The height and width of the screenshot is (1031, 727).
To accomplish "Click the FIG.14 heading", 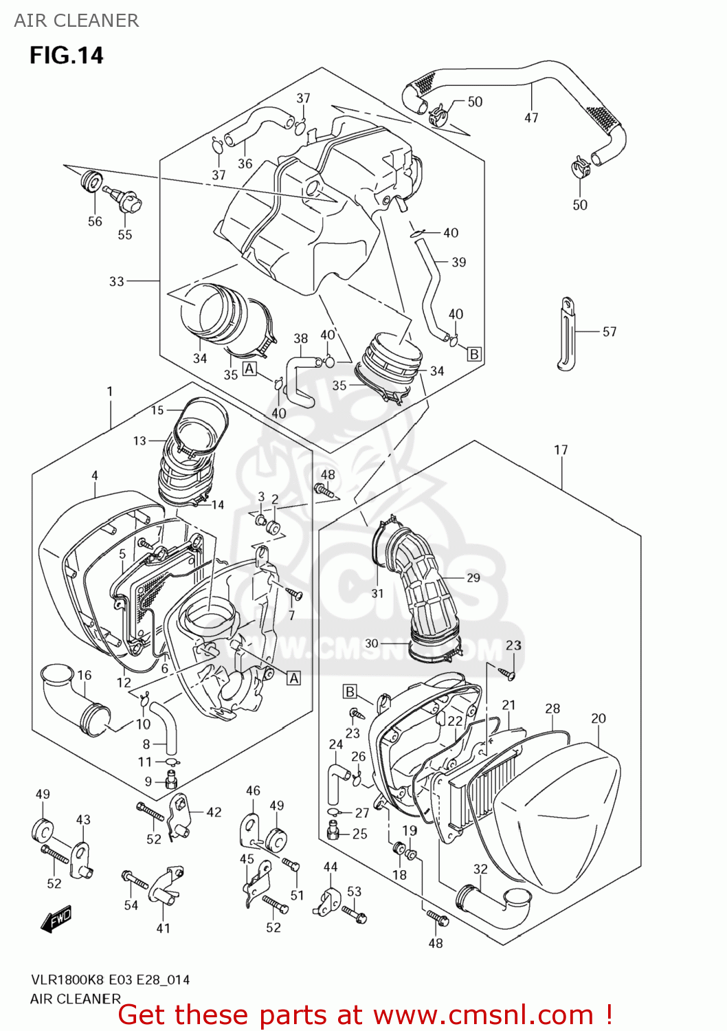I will click(x=66, y=55).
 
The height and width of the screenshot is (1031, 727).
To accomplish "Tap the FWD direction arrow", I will click(x=56, y=919).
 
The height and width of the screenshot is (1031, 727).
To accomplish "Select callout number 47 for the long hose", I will click(x=531, y=118).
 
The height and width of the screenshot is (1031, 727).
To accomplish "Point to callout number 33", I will click(x=117, y=281).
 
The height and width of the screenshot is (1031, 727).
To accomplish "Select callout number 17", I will click(x=561, y=450).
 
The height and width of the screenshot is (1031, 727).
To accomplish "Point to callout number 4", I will click(x=95, y=476).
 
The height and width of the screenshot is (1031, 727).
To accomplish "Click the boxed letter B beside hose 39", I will click(x=474, y=354).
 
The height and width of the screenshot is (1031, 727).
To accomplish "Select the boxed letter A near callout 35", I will click(x=249, y=369).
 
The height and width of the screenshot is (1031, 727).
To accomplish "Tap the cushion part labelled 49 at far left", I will click(x=43, y=831).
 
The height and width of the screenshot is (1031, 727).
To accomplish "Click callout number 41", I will click(x=163, y=928).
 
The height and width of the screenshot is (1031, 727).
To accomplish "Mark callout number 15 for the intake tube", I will click(x=157, y=410).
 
